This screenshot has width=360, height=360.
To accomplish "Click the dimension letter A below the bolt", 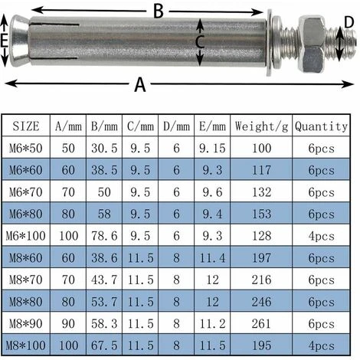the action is (x=140, y=84).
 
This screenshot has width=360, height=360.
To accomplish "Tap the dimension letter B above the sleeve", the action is (x=159, y=11).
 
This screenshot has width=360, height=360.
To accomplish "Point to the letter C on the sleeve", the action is (x=200, y=42).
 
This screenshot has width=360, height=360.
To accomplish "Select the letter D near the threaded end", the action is (x=349, y=22).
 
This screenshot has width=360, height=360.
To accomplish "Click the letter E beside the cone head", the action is (x=4, y=41).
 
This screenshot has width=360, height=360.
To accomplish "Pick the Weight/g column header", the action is (x=261, y=126).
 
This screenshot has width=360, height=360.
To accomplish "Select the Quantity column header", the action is (x=321, y=126).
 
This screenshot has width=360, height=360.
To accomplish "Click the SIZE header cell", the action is (x=26, y=126).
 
